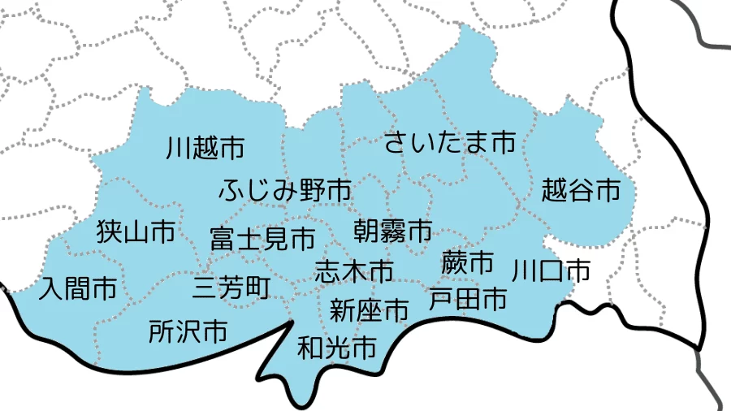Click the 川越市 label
(x=205, y=148)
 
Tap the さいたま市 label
(x=449, y=143)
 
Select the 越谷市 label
(x=581, y=191)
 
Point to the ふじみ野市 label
(x=285, y=192)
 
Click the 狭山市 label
(x=136, y=233)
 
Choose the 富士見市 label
(x=262, y=239)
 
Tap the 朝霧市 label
(x=393, y=231)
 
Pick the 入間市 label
(x=78, y=288)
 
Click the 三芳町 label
(x=232, y=288)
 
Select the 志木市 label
(x=354, y=270)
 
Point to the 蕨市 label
(x=468, y=262)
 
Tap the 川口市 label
(x=551, y=270)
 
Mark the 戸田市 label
(x=468, y=299)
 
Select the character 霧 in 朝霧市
(x=393, y=231)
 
